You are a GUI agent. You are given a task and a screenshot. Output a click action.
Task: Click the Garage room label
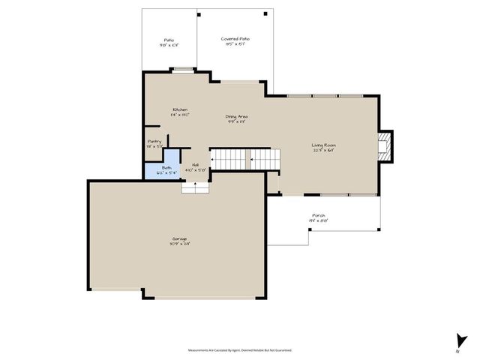(179, 238)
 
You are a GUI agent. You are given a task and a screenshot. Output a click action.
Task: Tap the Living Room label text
(324, 145)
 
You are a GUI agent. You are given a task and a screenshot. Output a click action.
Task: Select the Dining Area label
(237, 116)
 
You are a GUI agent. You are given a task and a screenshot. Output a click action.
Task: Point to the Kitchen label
(180, 109)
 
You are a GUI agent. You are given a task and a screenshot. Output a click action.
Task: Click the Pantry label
(154, 141)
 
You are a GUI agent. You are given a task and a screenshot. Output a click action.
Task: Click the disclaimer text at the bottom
(239, 349)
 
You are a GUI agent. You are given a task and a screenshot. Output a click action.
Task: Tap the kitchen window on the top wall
(182, 70)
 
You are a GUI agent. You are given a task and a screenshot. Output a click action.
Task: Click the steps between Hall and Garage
(193, 187)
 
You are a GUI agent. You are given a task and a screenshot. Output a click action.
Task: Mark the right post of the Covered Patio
(265, 13)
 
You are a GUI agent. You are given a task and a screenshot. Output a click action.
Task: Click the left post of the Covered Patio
(198, 13)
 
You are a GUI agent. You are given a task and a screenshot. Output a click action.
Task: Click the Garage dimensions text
(179, 244)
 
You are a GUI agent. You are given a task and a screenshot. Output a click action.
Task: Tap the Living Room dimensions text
(324, 150)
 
